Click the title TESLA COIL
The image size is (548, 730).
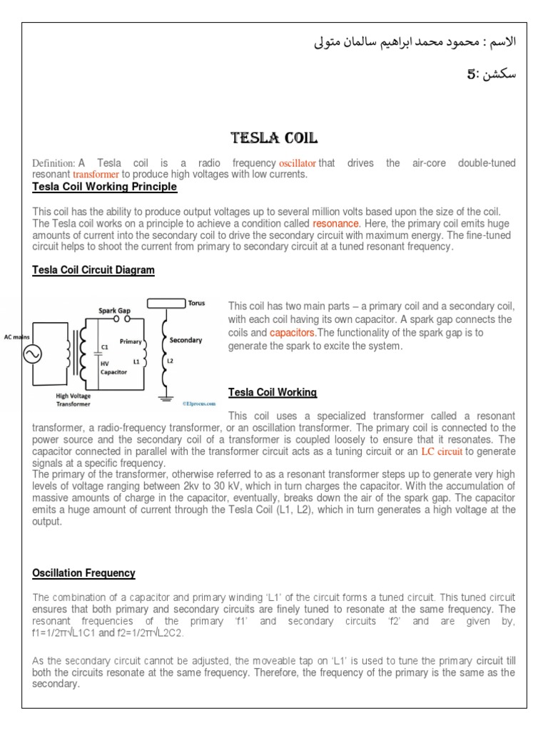pyautogui.click(x=273, y=138)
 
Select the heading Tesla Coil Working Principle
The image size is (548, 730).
pyautogui.click(x=105, y=187)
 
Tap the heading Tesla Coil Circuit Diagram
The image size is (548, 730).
pyautogui.click(x=93, y=270)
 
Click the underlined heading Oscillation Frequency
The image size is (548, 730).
pyautogui.click(x=84, y=573)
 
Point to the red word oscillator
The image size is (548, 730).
pyautogui.click(x=297, y=163)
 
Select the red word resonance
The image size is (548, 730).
pyautogui.click(x=335, y=223)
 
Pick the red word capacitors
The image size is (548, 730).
pyautogui.click(x=293, y=332)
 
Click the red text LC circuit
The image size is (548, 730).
pyautogui.click(x=442, y=451)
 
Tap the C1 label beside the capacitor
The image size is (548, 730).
pyautogui.click(x=104, y=346)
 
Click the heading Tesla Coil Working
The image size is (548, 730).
pyautogui.click(x=272, y=393)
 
